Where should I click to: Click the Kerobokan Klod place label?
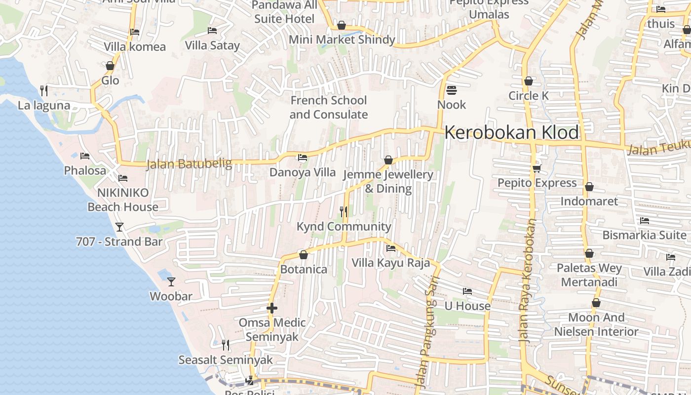[x=512, y=132]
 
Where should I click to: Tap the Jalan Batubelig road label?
[x=189, y=163]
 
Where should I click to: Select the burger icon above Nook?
[x=451, y=90]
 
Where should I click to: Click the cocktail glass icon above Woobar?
[x=171, y=282]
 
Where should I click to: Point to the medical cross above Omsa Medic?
[x=272, y=308]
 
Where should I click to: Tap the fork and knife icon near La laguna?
[x=44, y=90]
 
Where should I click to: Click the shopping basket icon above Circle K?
[x=529, y=81]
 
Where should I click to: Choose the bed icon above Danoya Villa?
[x=303, y=158]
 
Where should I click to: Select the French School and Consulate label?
[x=329, y=107]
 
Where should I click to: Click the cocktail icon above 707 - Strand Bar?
[x=119, y=227]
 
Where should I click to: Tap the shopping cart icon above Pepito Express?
[x=537, y=168]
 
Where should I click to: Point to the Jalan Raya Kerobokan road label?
[x=528, y=281]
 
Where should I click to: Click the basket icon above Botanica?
[x=304, y=255]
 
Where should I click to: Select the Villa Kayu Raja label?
[x=391, y=263]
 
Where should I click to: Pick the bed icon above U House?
[x=467, y=291]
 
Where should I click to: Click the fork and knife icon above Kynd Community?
[x=344, y=212]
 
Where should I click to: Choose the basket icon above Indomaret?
[x=589, y=187]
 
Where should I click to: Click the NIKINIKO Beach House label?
[x=123, y=199]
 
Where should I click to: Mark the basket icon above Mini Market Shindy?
[x=342, y=25]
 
